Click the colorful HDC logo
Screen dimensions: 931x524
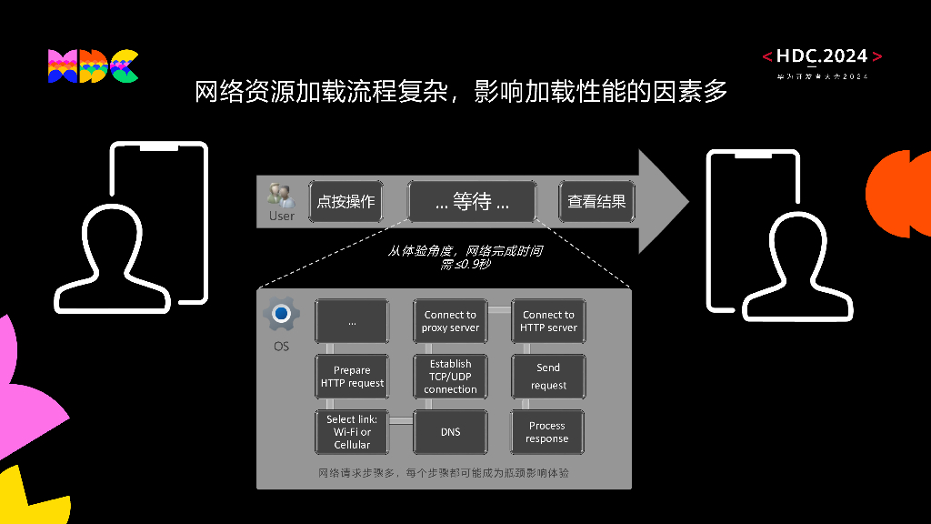point(93,66)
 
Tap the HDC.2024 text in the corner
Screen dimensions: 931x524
point(822,56)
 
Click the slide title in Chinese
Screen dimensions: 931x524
point(461,92)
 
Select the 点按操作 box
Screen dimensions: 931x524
point(345,201)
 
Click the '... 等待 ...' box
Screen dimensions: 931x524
point(472,201)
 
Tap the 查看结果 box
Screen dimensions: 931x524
point(596,201)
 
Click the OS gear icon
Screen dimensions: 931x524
point(281,314)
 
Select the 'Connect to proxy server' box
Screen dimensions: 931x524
point(450,321)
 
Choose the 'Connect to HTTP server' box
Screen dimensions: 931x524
point(548,321)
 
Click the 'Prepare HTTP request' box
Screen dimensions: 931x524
point(352,377)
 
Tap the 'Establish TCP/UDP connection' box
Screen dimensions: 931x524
point(450,377)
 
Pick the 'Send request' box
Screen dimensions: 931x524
point(548,377)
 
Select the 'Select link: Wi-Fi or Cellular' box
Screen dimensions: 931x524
point(352,432)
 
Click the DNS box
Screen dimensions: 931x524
point(450,432)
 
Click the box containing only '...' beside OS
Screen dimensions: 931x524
point(352,321)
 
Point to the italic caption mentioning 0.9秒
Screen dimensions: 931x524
point(465,257)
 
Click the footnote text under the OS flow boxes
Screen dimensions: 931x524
point(443,473)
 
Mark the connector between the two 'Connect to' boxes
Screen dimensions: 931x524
point(499,309)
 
